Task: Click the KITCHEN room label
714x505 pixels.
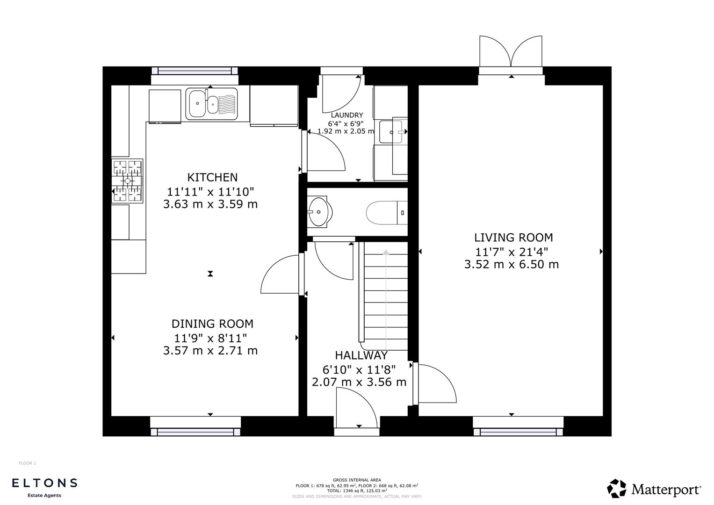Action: (212, 178)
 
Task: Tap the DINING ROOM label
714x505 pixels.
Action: (212, 324)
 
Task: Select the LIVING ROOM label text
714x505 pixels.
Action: (513, 238)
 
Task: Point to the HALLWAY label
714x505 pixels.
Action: (361, 356)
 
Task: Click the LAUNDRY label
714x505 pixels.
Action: (347, 115)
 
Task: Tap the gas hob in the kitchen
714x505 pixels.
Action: (127, 181)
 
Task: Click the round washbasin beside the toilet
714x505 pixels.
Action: (320, 212)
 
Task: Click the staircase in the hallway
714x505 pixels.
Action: (385, 299)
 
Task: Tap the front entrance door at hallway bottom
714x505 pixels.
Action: (356, 410)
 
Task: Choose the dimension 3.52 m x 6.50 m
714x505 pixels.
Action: (512, 265)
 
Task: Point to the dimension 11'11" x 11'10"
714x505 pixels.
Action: (210, 191)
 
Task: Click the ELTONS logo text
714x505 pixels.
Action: (44, 483)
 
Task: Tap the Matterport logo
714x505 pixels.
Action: (654, 489)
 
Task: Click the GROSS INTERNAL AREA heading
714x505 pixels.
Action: (357, 480)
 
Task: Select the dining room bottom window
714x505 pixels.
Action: (195, 432)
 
